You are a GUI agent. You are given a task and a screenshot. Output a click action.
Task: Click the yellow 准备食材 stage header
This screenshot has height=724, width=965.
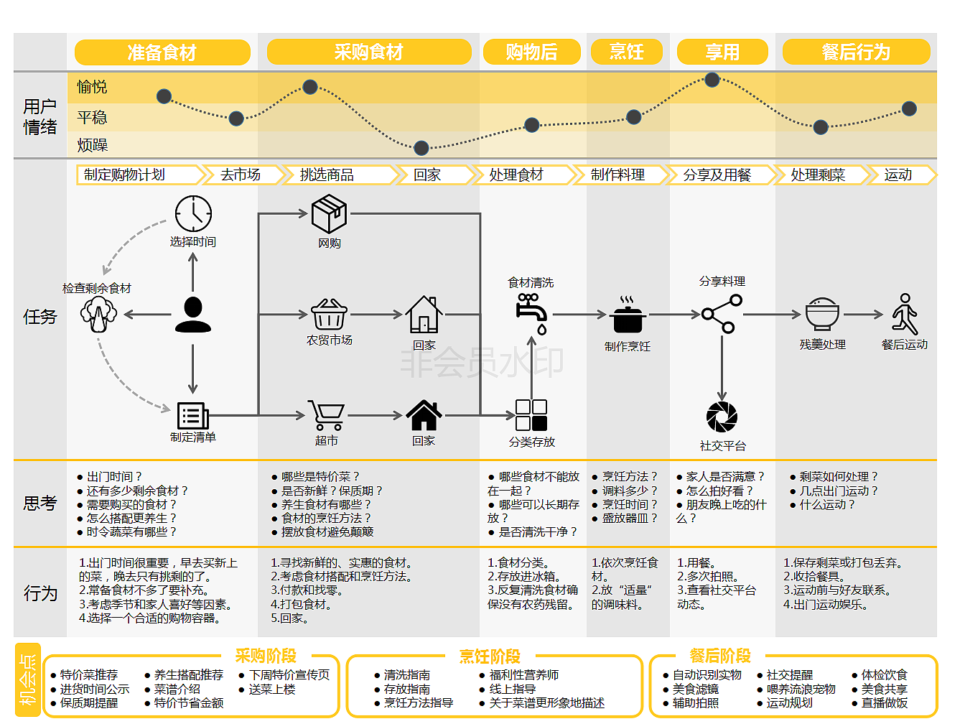point(162,52)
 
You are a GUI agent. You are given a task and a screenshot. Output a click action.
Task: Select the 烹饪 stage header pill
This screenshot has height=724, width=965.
point(627,52)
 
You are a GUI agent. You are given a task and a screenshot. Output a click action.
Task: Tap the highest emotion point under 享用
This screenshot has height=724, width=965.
point(712,80)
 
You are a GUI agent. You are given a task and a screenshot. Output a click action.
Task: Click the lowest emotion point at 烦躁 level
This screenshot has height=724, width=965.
point(421,148)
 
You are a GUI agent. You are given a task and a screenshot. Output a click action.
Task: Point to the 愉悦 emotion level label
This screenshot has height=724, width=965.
point(92,87)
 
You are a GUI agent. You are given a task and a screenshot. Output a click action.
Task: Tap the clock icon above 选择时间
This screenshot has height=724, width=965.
point(193,213)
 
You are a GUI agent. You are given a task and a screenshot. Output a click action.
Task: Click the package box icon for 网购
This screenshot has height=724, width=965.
point(329,213)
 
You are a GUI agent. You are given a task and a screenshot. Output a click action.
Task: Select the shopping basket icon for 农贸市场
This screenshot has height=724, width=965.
point(329,315)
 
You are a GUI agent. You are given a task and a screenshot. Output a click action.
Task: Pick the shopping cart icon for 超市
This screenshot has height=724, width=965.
point(326,415)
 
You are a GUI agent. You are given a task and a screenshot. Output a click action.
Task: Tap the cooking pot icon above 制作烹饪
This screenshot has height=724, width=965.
point(628,315)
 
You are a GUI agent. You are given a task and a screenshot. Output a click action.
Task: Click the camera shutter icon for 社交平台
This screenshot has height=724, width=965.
point(722,417)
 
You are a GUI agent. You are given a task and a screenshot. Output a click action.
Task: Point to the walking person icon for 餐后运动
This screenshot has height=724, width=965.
point(905,315)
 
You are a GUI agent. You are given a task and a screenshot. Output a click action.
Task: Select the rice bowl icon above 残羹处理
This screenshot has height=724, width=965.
point(822,314)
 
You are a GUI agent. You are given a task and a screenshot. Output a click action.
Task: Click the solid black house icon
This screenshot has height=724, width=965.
point(424,414)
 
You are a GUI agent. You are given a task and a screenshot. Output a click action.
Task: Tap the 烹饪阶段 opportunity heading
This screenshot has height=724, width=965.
point(490,656)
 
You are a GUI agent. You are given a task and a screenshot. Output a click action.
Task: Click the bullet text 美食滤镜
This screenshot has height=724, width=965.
point(696,689)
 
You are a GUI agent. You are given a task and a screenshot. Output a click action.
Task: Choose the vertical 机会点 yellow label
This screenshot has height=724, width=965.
point(28,679)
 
